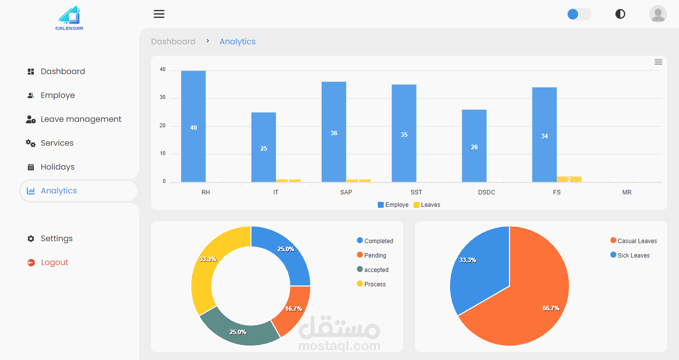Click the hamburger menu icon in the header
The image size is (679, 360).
click(x=159, y=14)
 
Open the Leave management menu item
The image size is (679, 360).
click(x=81, y=119)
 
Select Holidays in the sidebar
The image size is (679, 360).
click(x=57, y=167)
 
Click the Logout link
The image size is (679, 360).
click(x=54, y=263)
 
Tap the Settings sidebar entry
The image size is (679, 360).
click(x=56, y=239)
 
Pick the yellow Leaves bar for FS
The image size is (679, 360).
click(x=569, y=180)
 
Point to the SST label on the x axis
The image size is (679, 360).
click(x=417, y=192)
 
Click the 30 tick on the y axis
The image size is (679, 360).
click(x=163, y=98)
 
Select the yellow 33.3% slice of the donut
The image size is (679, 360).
click(x=206, y=264)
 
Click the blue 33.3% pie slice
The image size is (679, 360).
click(x=475, y=269)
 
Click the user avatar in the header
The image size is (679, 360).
click(x=658, y=14)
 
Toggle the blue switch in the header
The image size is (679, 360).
click(x=579, y=14)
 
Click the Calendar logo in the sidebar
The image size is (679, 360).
click(x=69, y=18)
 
